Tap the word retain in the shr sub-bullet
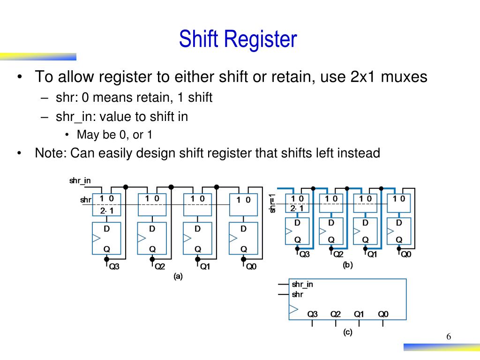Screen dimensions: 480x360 click(x=153, y=97)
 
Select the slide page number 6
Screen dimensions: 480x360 click(x=449, y=337)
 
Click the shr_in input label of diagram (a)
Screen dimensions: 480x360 click(x=80, y=180)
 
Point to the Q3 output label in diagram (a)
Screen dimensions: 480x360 click(x=114, y=267)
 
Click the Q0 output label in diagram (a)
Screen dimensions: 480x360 click(x=251, y=267)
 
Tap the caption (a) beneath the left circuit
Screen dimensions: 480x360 click(x=178, y=277)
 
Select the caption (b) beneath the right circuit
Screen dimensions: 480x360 click(x=348, y=265)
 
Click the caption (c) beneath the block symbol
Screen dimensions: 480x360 click(x=348, y=332)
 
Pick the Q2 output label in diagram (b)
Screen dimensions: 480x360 click(x=338, y=255)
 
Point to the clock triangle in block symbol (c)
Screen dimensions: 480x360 click(x=293, y=309)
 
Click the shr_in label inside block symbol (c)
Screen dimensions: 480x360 click(x=302, y=285)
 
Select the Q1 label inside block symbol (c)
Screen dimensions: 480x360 click(x=359, y=314)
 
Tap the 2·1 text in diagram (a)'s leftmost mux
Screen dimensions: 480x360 click(x=106, y=210)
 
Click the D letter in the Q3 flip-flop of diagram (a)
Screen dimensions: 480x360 click(x=106, y=229)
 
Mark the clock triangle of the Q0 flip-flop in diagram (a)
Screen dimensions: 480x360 click(x=233, y=238)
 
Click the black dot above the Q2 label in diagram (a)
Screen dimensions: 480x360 click(x=152, y=259)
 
